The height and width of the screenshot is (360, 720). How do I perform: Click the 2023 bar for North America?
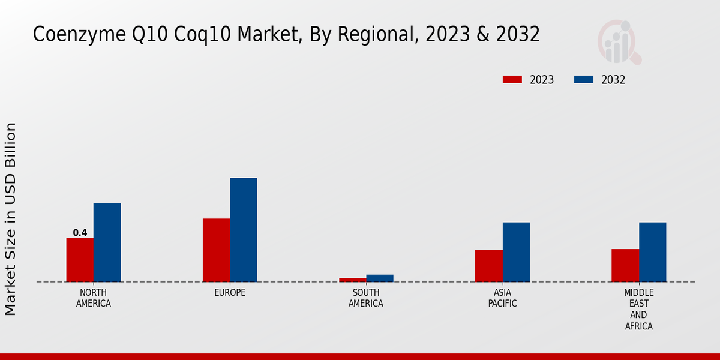click(80, 259)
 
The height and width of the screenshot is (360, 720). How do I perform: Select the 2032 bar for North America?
click(107, 242)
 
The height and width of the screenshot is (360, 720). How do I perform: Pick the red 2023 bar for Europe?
click(216, 250)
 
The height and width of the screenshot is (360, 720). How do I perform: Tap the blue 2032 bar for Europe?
click(243, 229)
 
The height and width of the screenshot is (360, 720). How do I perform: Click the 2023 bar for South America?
click(352, 280)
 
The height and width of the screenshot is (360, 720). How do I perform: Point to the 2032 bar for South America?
click(380, 278)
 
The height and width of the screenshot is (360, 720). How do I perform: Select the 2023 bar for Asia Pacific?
click(488, 265)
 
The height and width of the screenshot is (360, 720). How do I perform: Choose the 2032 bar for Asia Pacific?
click(516, 252)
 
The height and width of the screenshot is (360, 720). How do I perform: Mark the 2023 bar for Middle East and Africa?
click(625, 265)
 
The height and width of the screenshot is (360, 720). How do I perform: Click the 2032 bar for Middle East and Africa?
click(652, 252)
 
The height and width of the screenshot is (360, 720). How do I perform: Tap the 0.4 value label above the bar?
click(80, 233)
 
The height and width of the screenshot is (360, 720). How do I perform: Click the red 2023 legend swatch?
click(512, 80)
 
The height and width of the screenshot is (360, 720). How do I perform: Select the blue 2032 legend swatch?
click(584, 80)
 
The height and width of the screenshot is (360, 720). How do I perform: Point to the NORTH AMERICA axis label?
click(93, 298)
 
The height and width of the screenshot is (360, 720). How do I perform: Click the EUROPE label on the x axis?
click(230, 293)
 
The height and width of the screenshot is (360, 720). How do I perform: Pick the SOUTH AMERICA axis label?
click(366, 298)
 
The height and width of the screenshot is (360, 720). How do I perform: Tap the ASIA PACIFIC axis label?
click(502, 298)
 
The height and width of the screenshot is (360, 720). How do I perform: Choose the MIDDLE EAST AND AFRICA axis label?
click(638, 309)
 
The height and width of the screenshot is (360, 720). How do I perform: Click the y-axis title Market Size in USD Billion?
click(11, 219)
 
